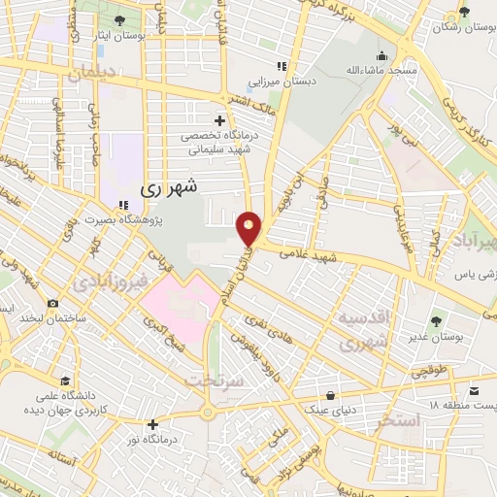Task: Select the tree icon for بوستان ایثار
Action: pos(119,20)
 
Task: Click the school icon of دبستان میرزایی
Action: pos(281,67)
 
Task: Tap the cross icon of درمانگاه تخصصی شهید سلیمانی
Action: pos(220,121)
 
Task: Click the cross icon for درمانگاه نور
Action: pos(152,424)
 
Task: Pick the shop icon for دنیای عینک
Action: pos(333,395)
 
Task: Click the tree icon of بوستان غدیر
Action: pos(434,319)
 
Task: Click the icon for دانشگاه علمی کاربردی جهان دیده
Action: pos(64,381)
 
